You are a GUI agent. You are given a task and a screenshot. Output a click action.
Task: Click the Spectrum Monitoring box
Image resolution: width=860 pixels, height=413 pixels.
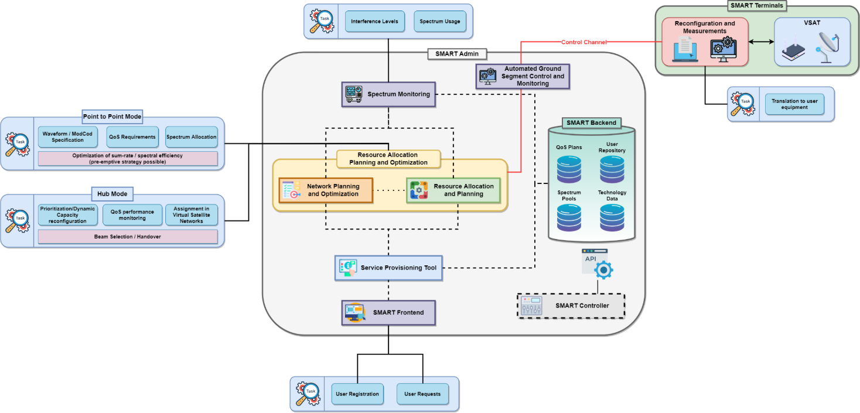click(x=388, y=94)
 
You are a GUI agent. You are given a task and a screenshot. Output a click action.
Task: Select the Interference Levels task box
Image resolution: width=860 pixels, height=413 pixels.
click(x=374, y=22)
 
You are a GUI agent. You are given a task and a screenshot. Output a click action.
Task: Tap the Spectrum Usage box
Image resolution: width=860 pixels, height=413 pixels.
click(x=439, y=22)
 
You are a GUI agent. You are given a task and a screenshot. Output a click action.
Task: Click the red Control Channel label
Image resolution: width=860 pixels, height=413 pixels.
click(x=583, y=42)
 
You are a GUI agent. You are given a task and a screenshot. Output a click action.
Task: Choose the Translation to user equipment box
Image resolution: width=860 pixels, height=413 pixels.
click(x=794, y=104)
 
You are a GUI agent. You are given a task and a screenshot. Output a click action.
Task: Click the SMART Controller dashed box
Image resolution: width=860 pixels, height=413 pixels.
click(x=571, y=306)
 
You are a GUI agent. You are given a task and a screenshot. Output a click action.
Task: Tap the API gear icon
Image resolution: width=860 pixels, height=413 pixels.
click(x=603, y=269)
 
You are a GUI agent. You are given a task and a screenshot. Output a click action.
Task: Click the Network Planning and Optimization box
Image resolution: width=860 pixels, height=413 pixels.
click(x=326, y=190)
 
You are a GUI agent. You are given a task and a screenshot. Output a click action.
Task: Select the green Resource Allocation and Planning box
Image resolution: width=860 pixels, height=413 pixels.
click(x=453, y=190)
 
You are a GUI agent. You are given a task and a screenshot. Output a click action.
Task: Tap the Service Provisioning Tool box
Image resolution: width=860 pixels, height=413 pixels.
click(x=389, y=268)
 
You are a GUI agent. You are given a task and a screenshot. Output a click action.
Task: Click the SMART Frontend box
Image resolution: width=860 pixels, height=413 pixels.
click(x=388, y=312)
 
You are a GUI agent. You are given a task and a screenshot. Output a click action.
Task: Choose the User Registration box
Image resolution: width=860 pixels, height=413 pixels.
click(x=357, y=394)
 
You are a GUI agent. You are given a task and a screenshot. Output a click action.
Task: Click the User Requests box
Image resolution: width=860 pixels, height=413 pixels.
click(x=422, y=394)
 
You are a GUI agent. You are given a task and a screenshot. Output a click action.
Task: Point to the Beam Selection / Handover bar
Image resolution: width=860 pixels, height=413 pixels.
click(x=127, y=237)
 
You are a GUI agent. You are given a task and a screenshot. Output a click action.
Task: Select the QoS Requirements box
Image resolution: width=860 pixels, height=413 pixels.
click(x=132, y=137)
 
